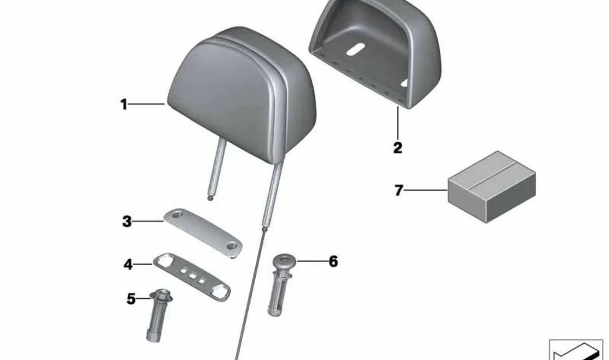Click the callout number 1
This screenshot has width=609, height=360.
click(x=124, y=104)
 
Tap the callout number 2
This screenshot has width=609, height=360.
click(x=397, y=148)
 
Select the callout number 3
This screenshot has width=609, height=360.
click(x=127, y=221)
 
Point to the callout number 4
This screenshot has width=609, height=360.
click(x=128, y=264)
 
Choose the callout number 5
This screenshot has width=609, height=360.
click(x=131, y=299)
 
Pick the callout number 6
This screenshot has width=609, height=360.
click(x=333, y=261)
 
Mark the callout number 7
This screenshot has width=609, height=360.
click(x=399, y=190)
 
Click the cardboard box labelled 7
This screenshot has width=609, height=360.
click(x=491, y=187)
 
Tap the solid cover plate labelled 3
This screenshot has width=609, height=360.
click(x=203, y=233)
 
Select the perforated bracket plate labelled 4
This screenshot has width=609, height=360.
click(x=192, y=278)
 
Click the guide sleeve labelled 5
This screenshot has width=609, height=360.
click(x=158, y=315)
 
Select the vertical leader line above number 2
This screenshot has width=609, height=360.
click(x=398, y=123)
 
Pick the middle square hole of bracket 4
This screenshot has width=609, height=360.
click(x=192, y=276)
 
